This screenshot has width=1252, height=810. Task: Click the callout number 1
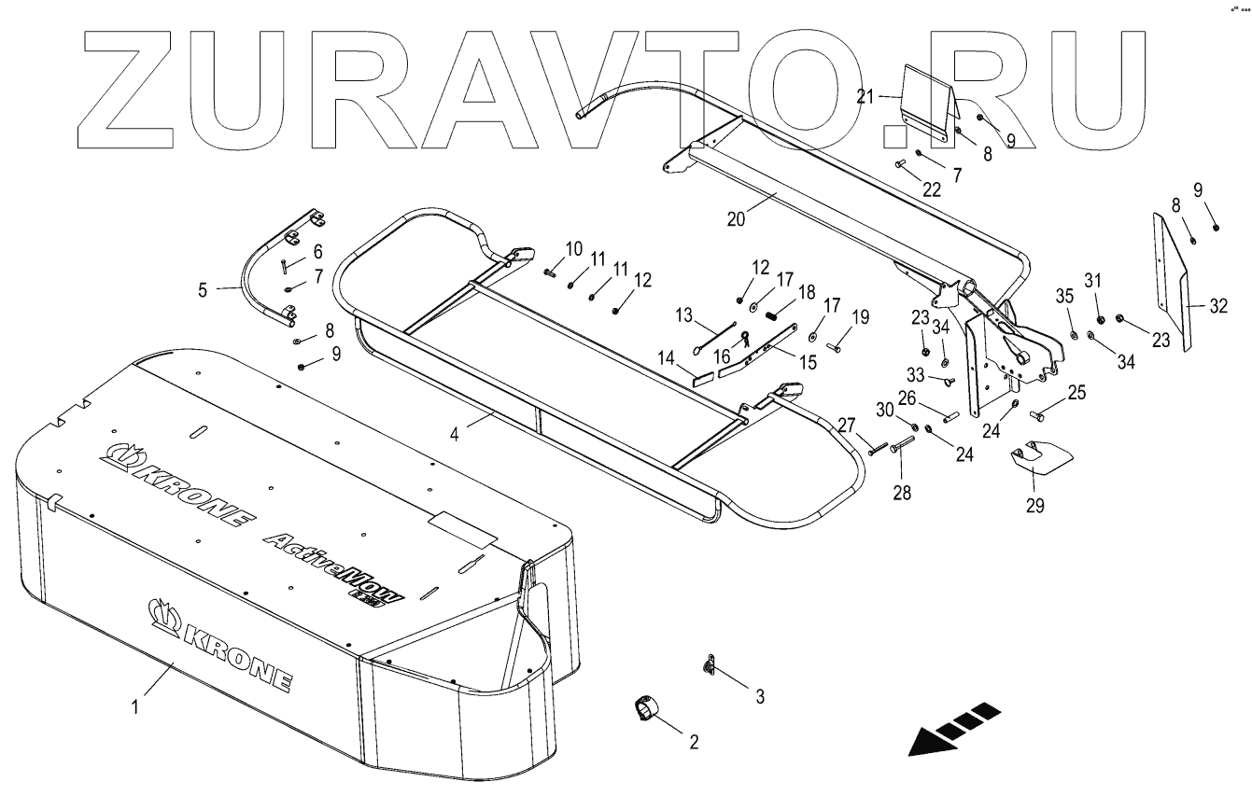tap(135, 706)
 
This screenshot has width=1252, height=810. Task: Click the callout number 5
tap(203, 288)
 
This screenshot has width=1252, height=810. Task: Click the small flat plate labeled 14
tap(702, 379)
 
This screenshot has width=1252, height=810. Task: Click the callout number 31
tap(1092, 280)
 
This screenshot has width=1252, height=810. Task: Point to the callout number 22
tap(932, 189)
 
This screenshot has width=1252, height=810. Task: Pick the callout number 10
tap(572, 249)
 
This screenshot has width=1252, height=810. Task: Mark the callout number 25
tap(1076, 395)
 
